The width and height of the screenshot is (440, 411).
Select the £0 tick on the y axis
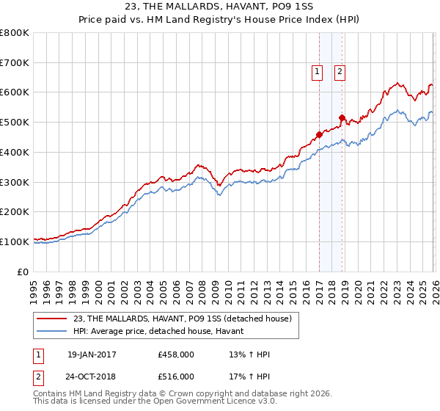23,272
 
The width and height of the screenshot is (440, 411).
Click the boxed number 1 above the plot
318,71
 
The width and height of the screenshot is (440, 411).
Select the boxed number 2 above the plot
341,71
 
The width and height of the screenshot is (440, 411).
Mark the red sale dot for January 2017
319,134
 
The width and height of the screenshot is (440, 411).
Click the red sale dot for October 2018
342,117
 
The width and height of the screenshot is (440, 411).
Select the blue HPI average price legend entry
163,332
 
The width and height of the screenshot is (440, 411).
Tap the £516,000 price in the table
176,377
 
